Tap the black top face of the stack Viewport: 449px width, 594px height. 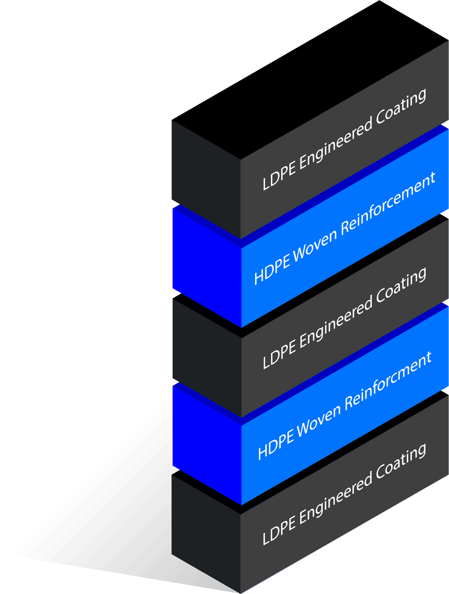307,79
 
